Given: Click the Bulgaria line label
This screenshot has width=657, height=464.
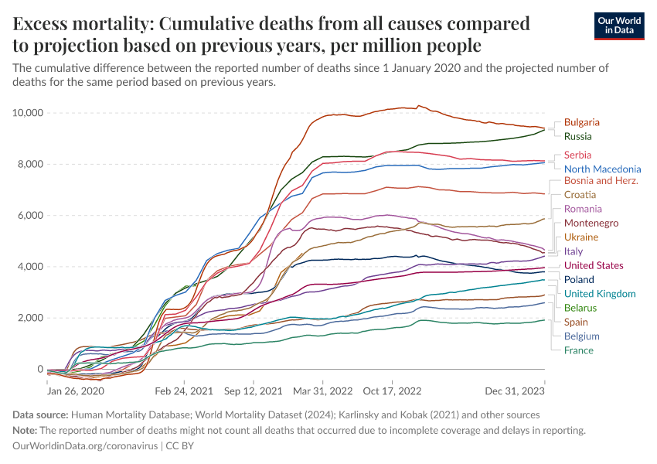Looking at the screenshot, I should pos(581,122).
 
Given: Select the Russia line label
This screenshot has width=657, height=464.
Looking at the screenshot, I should pos(577,137).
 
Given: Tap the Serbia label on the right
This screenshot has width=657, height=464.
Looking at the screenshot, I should pos(577,155).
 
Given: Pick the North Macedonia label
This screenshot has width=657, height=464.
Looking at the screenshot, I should pos(602,169).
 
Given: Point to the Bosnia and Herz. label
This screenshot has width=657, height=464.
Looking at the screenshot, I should pos(601,180).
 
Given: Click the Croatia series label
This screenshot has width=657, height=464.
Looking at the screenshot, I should pos(580,195).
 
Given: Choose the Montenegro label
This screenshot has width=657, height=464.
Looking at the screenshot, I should pos(591,223).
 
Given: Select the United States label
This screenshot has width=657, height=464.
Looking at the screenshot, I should pos(594,266).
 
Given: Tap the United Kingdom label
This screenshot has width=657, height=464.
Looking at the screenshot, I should pos(600,294).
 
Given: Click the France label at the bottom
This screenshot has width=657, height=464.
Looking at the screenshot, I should pos(579,351).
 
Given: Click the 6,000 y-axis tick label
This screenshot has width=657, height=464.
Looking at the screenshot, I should pos(30,216).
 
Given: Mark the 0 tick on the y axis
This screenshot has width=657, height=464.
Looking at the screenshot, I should pos(39,370).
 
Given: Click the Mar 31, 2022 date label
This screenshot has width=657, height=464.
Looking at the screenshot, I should pos(323,392).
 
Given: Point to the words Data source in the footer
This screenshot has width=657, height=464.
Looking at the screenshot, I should pos(41,415).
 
